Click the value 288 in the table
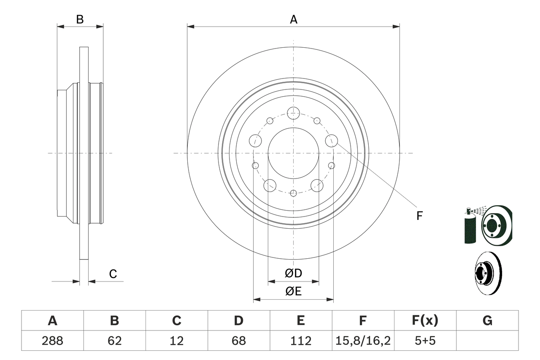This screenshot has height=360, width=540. click(52, 341)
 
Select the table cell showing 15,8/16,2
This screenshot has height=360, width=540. click(363, 341)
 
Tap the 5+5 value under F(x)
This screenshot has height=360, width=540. click(425, 341)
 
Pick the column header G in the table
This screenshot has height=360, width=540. click(487, 321)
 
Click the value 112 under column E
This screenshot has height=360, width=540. click(301, 341)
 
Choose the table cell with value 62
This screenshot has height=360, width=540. click(114, 341)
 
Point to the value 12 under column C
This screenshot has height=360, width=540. click(176, 341)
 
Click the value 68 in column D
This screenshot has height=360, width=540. click(239, 341)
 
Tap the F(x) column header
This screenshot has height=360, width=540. click(425, 321)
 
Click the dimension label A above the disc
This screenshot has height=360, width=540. click(294, 19)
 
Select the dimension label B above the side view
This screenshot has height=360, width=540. click(80, 19)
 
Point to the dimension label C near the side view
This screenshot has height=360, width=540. click(113, 274)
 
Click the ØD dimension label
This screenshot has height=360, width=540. click(294, 273)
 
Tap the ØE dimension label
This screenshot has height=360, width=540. click(294, 292)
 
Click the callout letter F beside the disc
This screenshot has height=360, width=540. click(419, 216)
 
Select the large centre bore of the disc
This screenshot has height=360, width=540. click(293, 153)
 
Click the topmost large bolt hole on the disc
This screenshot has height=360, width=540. click(293, 113)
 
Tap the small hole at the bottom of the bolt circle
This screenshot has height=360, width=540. click(294, 193)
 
